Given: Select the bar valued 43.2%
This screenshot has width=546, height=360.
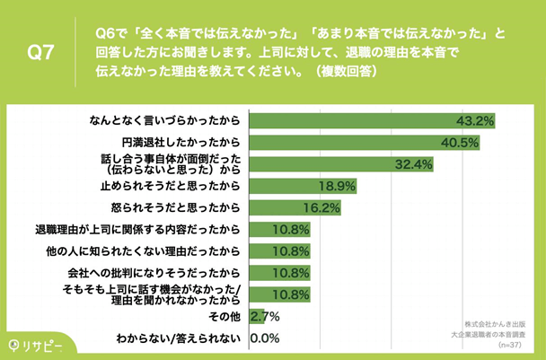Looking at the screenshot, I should [x=372, y=120].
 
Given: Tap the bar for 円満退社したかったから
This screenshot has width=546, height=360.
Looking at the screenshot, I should [x=365, y=142].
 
